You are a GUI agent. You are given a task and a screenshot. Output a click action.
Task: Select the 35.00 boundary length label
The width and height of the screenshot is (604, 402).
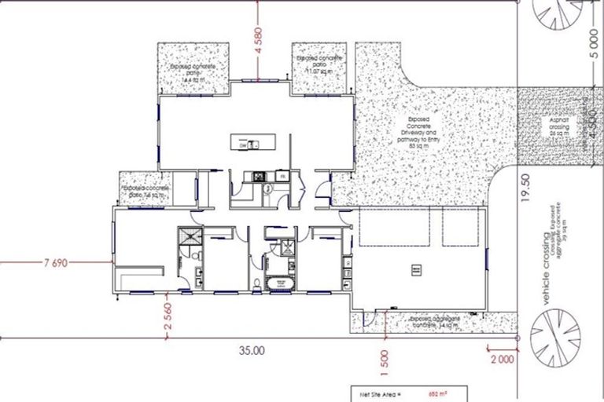(x=252, y=351)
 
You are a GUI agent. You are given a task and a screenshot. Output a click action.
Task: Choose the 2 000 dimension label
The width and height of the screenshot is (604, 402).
(x=501, y=360)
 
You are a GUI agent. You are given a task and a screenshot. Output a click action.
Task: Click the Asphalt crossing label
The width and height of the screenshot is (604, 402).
(x=559, y=125)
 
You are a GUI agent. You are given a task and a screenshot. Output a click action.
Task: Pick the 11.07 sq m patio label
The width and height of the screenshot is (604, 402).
(x=319, y=64)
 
